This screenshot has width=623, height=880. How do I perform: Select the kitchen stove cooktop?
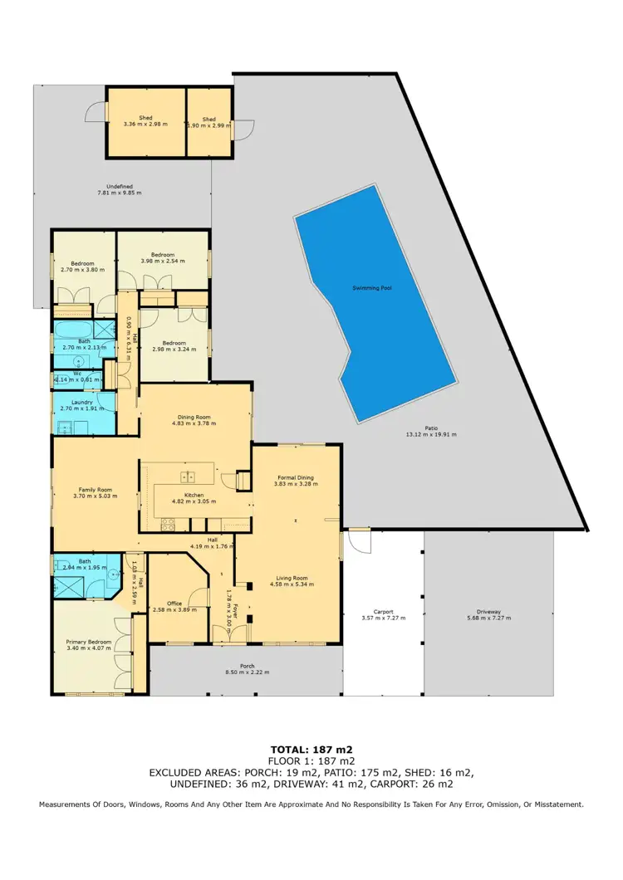(x=167, y=524)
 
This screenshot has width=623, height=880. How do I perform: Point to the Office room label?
(x=174, y=604)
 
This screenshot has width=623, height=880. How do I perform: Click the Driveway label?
(x=488, y=612)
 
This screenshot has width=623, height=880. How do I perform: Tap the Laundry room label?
(x=82, y=402)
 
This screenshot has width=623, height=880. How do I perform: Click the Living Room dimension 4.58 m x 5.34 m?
(x=289, y=584)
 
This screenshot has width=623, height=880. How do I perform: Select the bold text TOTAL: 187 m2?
(x=311, y=749)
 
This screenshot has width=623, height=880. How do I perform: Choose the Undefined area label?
(x=115, y=186)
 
